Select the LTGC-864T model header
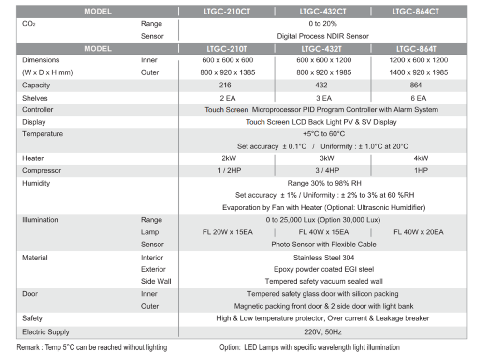tap(416, 49)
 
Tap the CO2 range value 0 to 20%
tap(323, 24)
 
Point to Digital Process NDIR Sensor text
tap(323, 36)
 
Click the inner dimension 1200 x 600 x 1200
tap(419, 60)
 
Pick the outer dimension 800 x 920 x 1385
tap(227, 72)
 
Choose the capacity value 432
tap(321, 86)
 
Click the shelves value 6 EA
tap(418, 98)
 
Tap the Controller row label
tap(38, 110)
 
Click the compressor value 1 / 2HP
tap(227, 171)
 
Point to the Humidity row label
tap(36, 184)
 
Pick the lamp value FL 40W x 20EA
tap(418, 232)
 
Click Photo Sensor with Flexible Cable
tap(323, 245)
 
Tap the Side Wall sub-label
tap(156, 281)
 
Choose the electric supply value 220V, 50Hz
tap(322, 332)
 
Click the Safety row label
tap(32, 318)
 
